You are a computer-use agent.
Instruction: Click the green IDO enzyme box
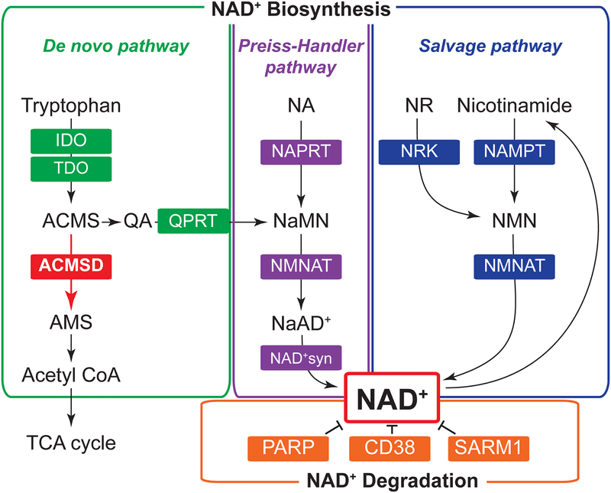pyautogui.click(x=71, y=141)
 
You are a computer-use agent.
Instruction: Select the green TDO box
pyautogui.click(x=71, y=167)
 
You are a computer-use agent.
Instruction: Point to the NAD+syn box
pyautogui.click(x=299, y=357)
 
